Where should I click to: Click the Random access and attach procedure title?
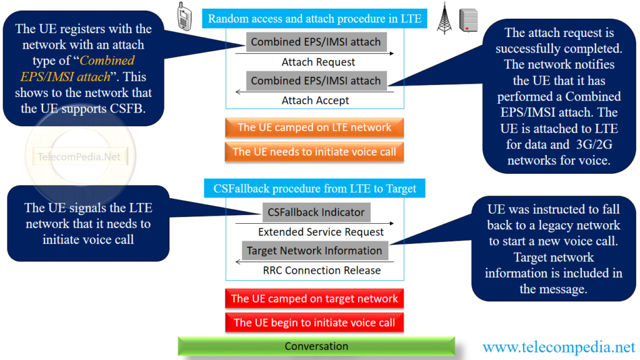coord(314,19)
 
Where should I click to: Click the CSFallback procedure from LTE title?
coord(314,188)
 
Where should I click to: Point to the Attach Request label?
coord(318,62)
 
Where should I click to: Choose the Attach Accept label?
coord(315,100)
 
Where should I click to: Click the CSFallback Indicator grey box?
coord(316,212)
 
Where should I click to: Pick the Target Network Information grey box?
coord(314,251)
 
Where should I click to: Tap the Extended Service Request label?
coord(321,232)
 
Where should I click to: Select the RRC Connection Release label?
coord(321,270)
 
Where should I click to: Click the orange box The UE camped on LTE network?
coord(314,127)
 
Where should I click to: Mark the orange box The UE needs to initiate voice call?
coord(314,152)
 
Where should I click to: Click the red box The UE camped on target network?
coord(314,299)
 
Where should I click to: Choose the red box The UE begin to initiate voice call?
coord(314,322)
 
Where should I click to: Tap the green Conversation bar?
coord(316,346)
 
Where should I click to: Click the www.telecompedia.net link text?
coord(558,346)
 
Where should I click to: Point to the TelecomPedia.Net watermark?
coord(79,157)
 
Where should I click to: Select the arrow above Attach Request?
coord(314,54)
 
